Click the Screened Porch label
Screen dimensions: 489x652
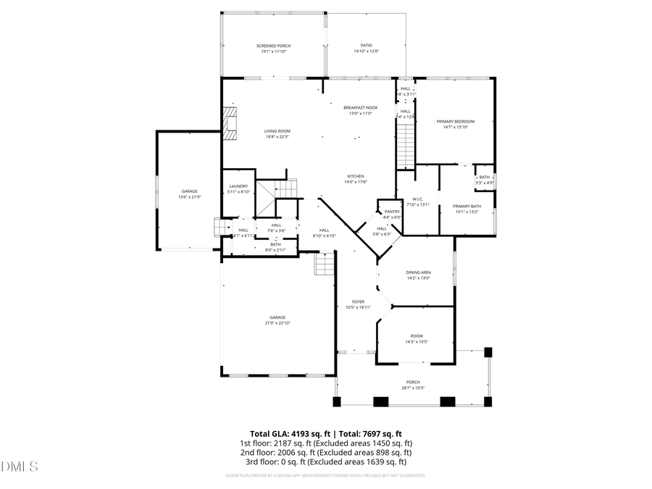tap(272, 49)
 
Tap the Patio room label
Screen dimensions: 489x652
tap(367, 49)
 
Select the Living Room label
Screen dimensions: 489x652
tap(277, 133)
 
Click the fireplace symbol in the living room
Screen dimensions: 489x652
tap(230, 123)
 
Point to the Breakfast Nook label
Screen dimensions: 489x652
tap(360, 110)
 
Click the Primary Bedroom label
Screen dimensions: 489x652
tap(456, 124)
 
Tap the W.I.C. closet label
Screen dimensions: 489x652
tap(418, 201)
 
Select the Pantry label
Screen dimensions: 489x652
tap(392, 214)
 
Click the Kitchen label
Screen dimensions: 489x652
tap(355, 179)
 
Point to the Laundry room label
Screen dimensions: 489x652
tap(238, 188)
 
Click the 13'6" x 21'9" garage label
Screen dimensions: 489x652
tap(188, 194)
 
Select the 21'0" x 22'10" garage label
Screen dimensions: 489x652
tap(277, 319)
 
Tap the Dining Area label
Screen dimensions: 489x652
tap(418, 275)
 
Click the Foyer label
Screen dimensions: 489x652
tap(358, 304)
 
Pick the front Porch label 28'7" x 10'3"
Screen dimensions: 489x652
tap(413, 385)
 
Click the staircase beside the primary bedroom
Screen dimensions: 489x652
tap(406, 143)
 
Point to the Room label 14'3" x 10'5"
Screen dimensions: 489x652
tap(417, 338)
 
